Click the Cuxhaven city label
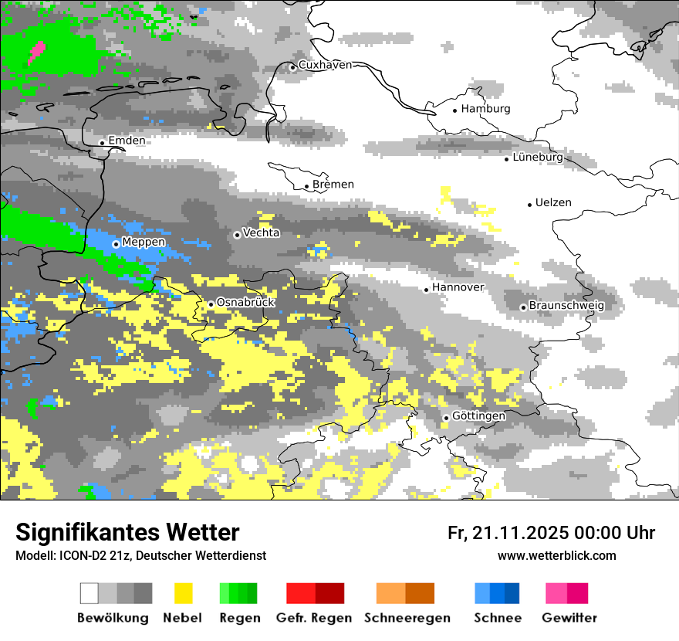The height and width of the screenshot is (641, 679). (x=325, y=65)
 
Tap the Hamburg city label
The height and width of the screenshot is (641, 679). (x=485, y=109)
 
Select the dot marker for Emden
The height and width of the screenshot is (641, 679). (x=102, y=142)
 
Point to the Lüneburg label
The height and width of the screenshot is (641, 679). (x=538, y=157)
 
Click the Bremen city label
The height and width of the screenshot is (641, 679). (x=333, y=185)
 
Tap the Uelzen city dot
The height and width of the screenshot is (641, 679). (x=529, y=205)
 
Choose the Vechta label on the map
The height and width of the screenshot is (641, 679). (x=262, y=232)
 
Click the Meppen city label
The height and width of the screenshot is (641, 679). (x=144, y=242)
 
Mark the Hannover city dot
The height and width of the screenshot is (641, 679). (x=426, y=290)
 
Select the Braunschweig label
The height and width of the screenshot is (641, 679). (x=566, y=306)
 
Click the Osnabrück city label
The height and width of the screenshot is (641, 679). (x=245, y=303)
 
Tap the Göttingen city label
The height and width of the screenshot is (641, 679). (x=478, y=416)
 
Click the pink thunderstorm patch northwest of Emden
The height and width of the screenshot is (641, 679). (x=36, y=53)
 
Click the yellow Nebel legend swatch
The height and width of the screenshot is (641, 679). (x=184, y=593)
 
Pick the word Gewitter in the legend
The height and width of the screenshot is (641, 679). (x=569, y=618)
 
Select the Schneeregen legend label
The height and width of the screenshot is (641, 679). (x=407, y=618)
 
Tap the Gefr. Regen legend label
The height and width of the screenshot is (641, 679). (x=314, y=618)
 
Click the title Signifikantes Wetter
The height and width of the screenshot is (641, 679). (x=127, y=532)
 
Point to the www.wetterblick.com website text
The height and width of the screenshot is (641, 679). (x=556, y=555)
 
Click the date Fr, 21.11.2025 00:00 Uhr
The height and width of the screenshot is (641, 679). (x=551, y=533)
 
